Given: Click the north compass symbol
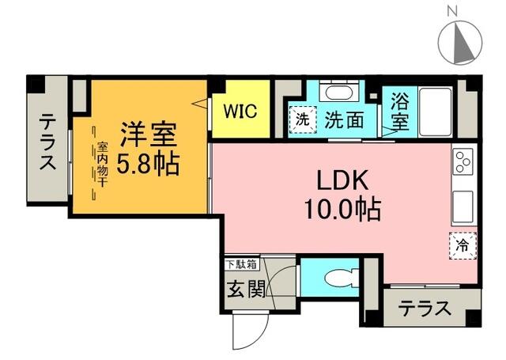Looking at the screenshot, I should [459, 40].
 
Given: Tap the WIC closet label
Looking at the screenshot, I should [239, 111].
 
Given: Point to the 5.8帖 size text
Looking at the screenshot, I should [149, 164].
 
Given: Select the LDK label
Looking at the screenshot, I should [342, 180].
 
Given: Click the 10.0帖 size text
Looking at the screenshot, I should [342, 209].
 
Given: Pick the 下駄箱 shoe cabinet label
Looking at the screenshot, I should [240, 263].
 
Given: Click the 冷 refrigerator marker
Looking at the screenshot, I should [463, 245].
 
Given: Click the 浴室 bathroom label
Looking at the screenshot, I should [398, 112].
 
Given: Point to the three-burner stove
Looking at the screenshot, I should [463, 161].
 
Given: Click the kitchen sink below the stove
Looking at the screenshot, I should [463, 207].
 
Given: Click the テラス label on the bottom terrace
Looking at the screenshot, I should [425, 307].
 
